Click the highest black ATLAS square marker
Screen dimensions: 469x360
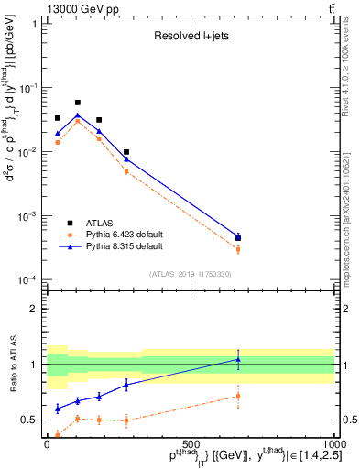click(78, 103)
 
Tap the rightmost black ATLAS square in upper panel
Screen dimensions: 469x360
click(238, 238)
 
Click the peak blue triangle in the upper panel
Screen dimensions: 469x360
click(78, 115)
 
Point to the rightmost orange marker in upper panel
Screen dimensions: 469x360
click(238, 249)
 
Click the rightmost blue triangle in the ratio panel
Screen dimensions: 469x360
click(238, 359)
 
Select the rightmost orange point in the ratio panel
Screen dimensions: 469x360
click(238, 396)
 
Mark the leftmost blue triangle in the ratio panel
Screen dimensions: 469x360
click(58, 409)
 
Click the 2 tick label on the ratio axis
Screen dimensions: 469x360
click(34, 309)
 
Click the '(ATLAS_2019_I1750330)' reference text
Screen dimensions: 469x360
click(191, 274)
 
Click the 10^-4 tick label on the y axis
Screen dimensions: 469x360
click(27, 279)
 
